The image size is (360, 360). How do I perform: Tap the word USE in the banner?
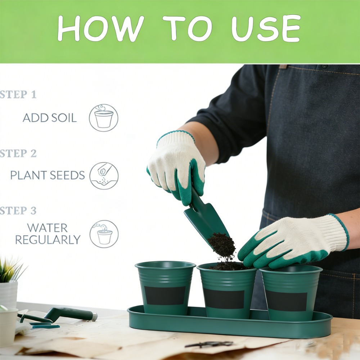[266, 28]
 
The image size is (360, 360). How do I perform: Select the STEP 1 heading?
[18, 94]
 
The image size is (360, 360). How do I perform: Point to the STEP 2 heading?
[18, 153]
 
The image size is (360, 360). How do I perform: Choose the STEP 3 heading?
[18, 211]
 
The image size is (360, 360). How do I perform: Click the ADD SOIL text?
[50, 118]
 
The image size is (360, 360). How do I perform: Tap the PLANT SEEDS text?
[48, 175]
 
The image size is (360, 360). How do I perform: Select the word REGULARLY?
[48, 240]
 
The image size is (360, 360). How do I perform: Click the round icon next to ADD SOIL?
[104, 118]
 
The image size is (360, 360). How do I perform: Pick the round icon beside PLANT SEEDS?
[104, 176]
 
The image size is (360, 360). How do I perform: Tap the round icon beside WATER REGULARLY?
[104, 234]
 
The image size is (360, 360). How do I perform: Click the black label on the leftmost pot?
[165, 296]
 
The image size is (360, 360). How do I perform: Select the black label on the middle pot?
[224, 298]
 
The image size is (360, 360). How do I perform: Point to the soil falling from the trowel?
[222, 248]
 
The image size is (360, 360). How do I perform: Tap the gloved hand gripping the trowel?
[176, 168]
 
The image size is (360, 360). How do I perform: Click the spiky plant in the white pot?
[10, 270]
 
